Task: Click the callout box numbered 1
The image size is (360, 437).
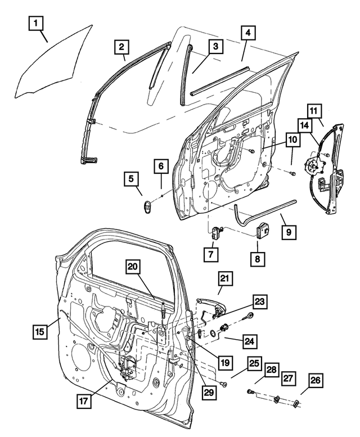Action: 35,24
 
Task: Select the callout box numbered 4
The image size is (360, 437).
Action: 247,33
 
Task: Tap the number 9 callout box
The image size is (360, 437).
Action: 288,231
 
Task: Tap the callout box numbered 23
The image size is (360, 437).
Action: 259,301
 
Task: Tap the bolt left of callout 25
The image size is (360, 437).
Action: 224,384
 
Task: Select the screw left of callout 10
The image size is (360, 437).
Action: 251,151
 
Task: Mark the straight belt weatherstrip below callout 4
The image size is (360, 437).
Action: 219,79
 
